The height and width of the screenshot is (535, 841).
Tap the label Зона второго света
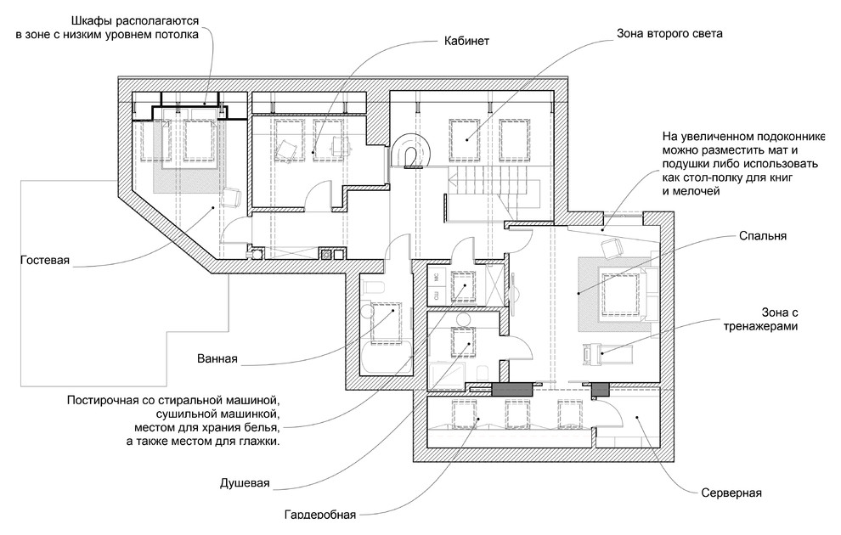point(669,35)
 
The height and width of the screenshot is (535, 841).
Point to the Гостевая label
point(44,260)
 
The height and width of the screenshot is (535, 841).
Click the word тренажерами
point(761,326)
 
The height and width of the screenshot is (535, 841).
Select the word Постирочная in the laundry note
point(105,398)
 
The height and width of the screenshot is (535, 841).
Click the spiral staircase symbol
point(413,153)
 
